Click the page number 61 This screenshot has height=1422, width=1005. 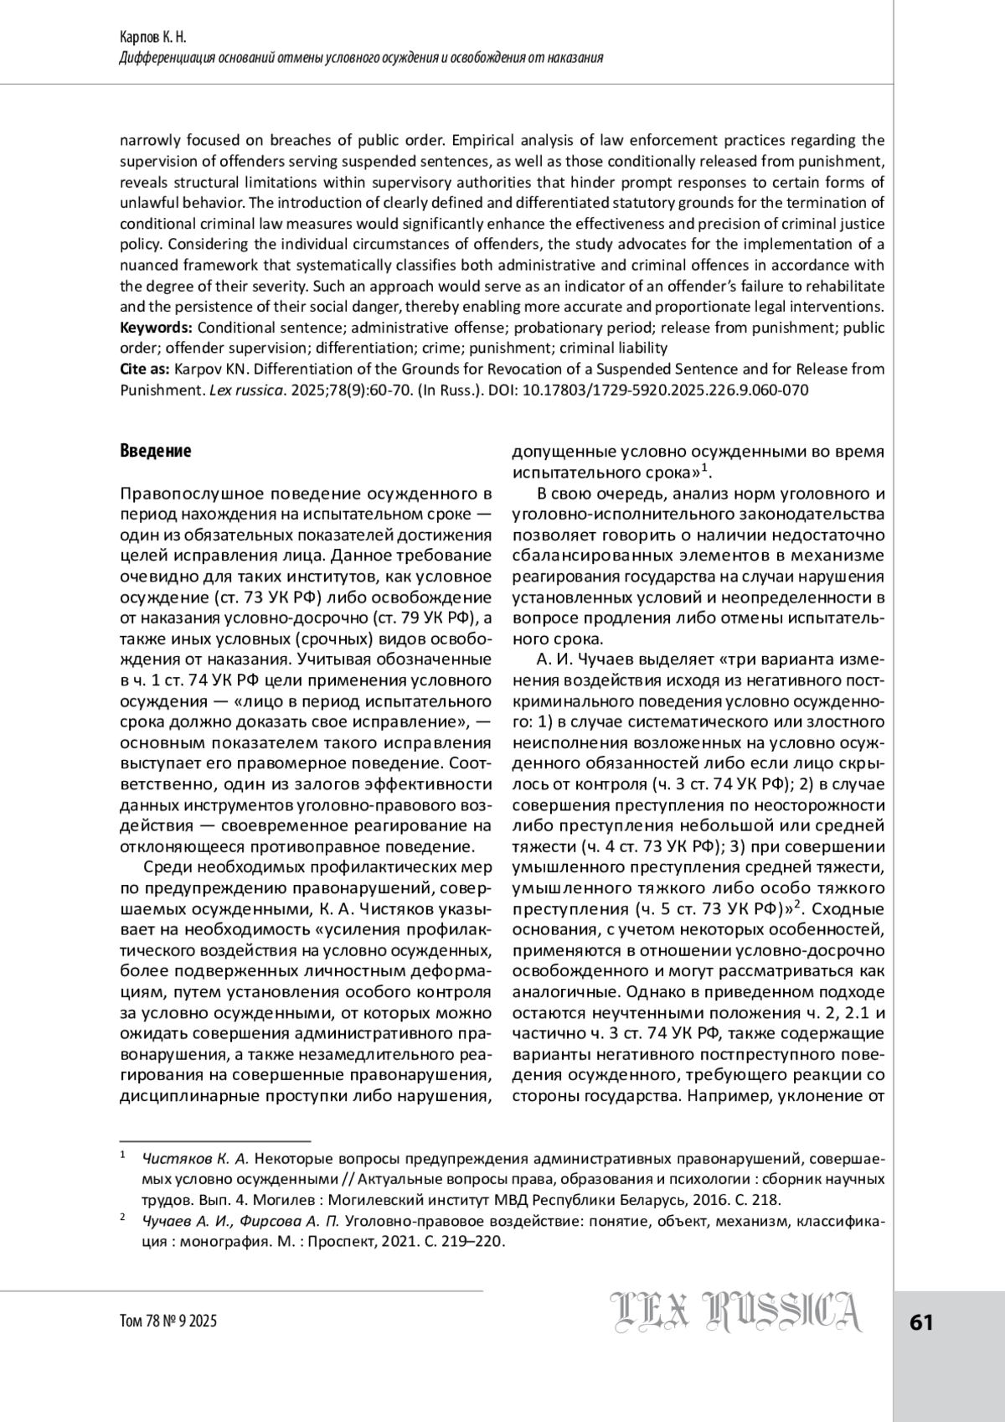point(920,1322)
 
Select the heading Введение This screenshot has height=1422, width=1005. point(156,451)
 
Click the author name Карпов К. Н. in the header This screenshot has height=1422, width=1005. point(154,39)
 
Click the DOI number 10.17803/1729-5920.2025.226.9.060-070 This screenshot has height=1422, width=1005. point(665,390)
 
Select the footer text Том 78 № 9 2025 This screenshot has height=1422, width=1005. point(168,1321)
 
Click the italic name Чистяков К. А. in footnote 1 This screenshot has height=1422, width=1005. point(195,1159)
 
